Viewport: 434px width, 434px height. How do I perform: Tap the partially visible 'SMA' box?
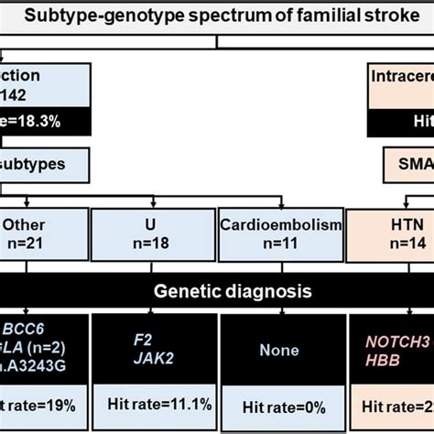click(x=407, y=166)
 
